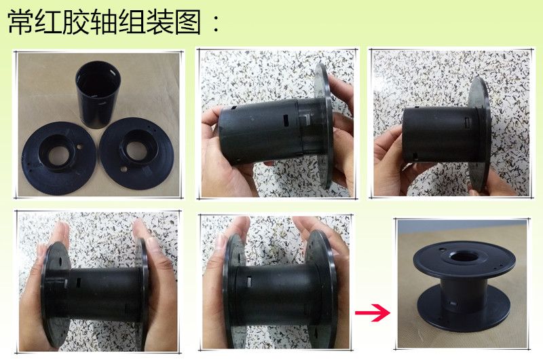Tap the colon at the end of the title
pyautogui.click(x=216, y=24)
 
